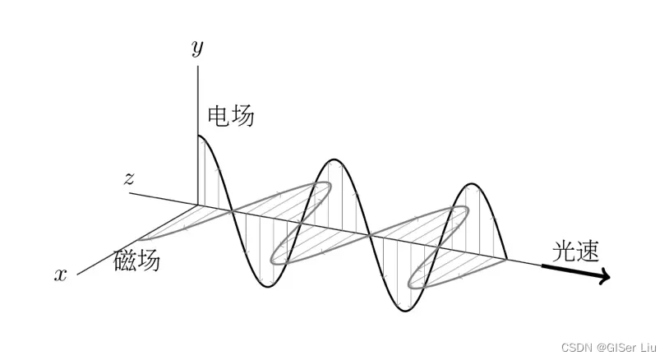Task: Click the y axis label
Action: click(x=197, y=48)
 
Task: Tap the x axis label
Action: click(x=60, y=275)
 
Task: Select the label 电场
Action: click(x=231, y=116)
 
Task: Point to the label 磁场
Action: click(x=136, y=261)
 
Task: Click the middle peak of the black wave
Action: click(x=333, y=159)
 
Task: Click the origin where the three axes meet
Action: click(x=198, y=204)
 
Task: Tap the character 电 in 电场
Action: click(x=219, y=116)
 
